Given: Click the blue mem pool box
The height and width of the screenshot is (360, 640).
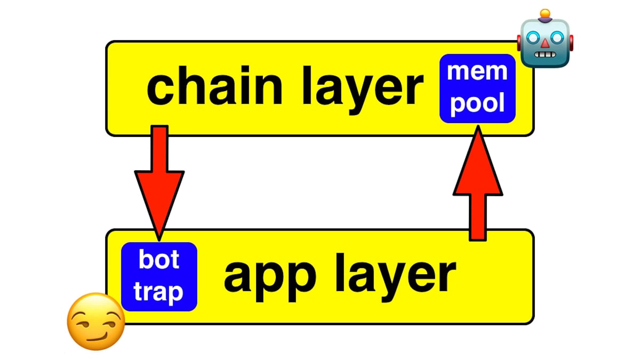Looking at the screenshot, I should (x=477, y=88).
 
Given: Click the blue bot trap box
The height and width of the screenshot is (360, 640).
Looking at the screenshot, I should (x=159, y=277).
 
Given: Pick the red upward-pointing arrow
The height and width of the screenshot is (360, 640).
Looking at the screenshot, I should (x=478, y=187).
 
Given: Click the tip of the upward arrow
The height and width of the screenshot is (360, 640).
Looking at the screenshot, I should (x=478, y=127).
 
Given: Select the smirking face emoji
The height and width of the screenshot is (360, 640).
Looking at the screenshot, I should (x=96, y=321).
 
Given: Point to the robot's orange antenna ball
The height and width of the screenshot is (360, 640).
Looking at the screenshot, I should (x=545, y=13).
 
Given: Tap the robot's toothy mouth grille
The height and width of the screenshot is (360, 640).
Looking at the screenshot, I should (x=545, y=55).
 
